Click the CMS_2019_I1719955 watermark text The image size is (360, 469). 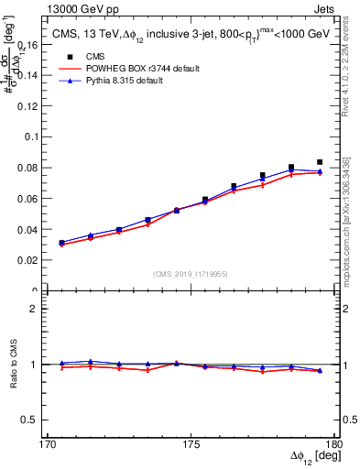(x=191, y=273)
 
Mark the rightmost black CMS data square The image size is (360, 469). (x=320, y=162)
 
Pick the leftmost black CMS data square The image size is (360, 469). (x=61, y=243)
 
